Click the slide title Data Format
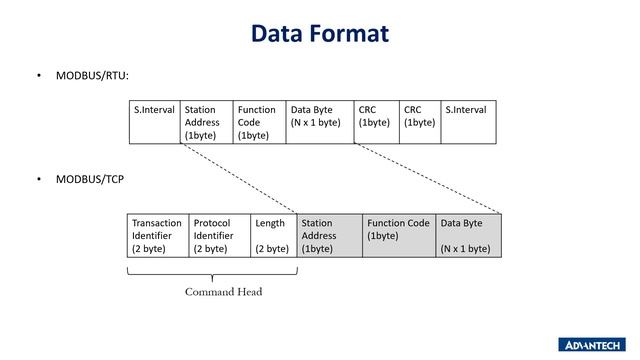pyautogui.click(x=319, y=34)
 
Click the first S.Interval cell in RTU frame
pyautogui.click(x=155, y=121)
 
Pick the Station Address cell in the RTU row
pyautogui.click(x=207, y=121)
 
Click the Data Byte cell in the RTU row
pyautogui.click(x=319, y=121)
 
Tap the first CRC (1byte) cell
pyautogui.click(x=376, y=121)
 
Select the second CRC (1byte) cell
pyautogui.click(x=420, y=121)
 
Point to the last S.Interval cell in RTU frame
pyautogui.click(x=469, y=121)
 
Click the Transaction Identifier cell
pyautogui.click(x=158, y=235)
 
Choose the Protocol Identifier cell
pyautogui.click(x=219, y=235)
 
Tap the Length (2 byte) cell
pyautogui.click(x=273, y=235)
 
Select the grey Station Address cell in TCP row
pyautogui.click(x=329, y=235)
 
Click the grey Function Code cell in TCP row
pyautogui.click(x=398, y=235)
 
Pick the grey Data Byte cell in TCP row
pyautogui.click(x=468, y=235)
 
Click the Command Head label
pyautogui.click(x=223, y=292)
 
